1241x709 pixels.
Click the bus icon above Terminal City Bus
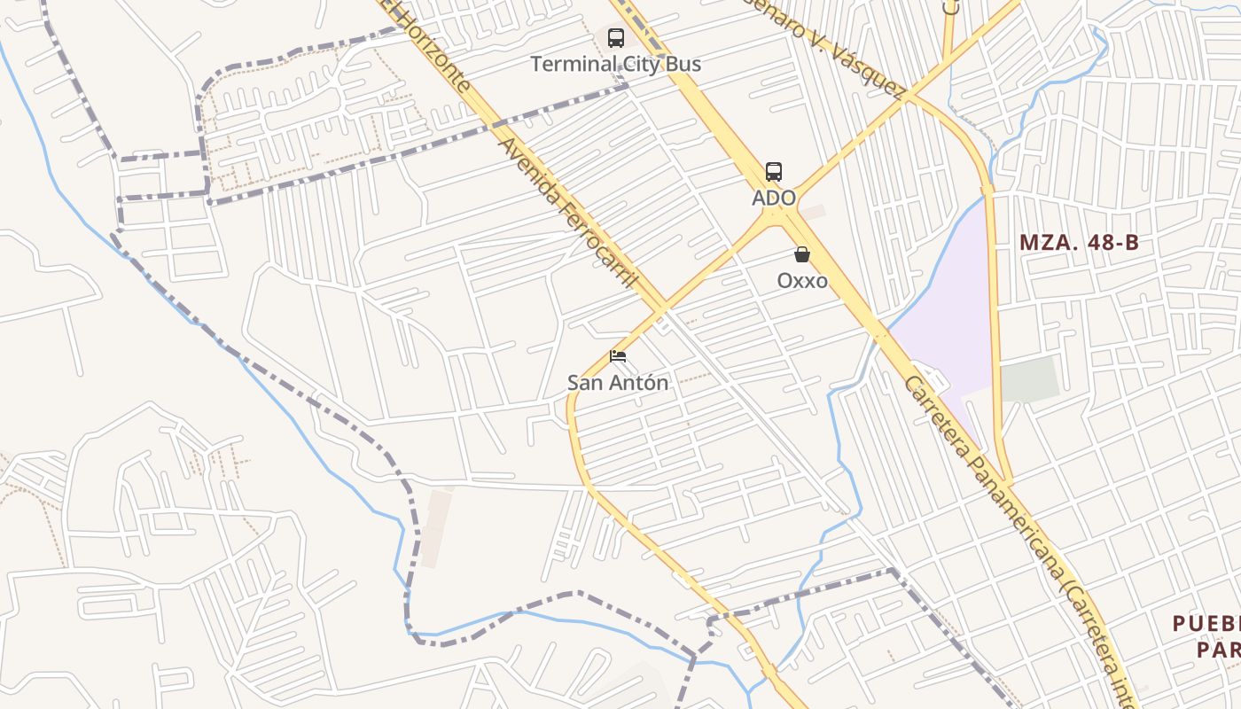tap(615, 38)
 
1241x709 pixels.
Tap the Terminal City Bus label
tap(615, 64)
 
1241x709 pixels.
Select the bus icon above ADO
tap(774, 172)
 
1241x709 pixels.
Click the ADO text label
tap(774, 198)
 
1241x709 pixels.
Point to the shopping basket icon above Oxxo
tap(802, 255)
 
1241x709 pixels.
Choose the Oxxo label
tap(802, 281)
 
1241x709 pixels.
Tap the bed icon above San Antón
tap(618, 356)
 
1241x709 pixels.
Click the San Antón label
tap(618, 383)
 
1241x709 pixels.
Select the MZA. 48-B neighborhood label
tap(1078, 242)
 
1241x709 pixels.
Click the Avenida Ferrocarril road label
tap(568, 213)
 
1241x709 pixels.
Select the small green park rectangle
tap(1029, 379)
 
